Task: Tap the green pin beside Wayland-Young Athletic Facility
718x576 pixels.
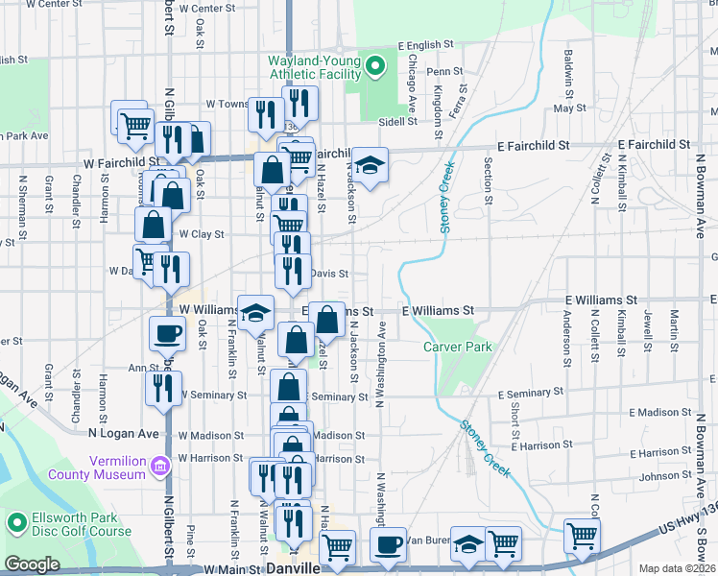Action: pyautogui.click(x=376, y=66)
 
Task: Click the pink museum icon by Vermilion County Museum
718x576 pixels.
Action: pyautogui.click(x=159, y=467)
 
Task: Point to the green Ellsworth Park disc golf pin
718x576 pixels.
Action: pyautogui.click(x=16, y=522)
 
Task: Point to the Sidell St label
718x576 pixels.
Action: pyautogui.click(x=398, y=122)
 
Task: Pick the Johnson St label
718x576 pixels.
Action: pyautogui.click(x=658, y=476)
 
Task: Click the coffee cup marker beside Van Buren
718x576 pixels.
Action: pyautogui.click(x=389, y=545)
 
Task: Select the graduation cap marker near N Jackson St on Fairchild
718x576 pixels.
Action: pyautogui.click(x=370, y=165)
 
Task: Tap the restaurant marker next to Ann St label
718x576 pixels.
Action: pyautogui.click(x=163, y=388)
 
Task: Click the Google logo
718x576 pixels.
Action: pyautogui.click(x=32, y=564)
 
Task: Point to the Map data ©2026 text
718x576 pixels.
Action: pyautogui.click(x=678, y=568)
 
